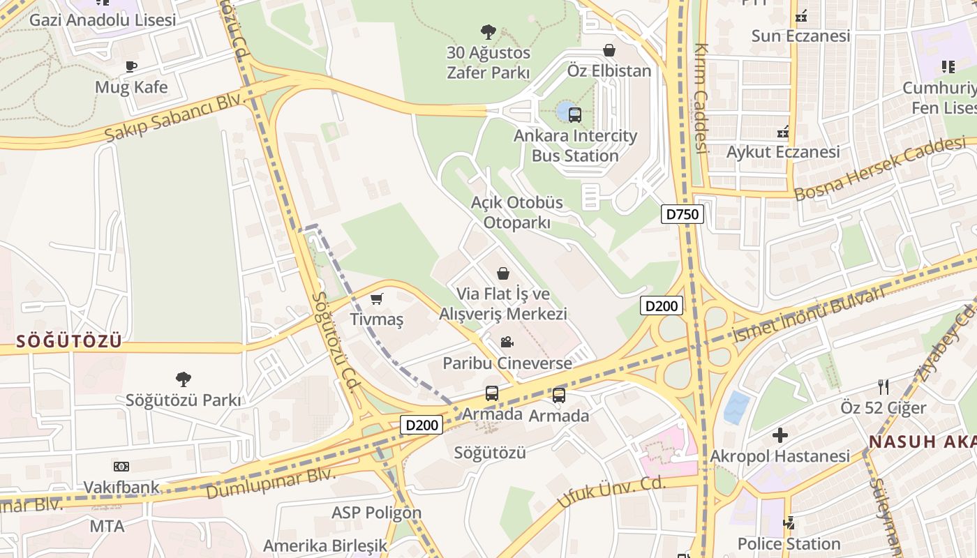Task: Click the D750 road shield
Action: (682, 214)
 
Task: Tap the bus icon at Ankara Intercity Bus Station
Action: (574, 114)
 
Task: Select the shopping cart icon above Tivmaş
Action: (377, 299)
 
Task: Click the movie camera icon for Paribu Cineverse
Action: (507, 342)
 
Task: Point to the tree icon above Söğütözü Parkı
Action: (184, 379)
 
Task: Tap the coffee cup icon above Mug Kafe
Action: (131, 67)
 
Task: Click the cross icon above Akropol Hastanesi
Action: (780, 436)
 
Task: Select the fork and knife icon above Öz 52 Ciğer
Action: (883, 387)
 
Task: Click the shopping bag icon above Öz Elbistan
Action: (609, 51)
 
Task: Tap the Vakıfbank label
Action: (121, 487)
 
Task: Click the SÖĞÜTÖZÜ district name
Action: (69, 341)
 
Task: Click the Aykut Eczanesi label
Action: (783, 151)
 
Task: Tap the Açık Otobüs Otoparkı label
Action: (517, 212)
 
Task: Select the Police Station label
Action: (789, 543)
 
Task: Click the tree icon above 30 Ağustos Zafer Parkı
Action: (488, 31)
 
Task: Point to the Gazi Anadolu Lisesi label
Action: (103, 20)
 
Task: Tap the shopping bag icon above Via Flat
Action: (503, 273)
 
